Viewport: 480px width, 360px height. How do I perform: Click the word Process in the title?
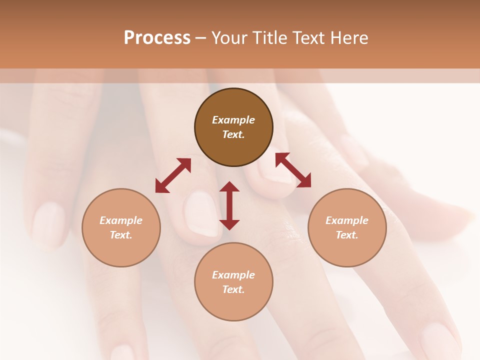[157, 38]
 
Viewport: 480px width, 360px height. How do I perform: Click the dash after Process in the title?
[200, 38]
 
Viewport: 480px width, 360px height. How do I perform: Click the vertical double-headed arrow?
[229, 205]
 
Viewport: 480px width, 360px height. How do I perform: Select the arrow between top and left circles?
[173, 175]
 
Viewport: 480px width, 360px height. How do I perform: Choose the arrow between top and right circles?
[293, 170]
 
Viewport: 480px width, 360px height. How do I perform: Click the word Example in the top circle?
[233, 120]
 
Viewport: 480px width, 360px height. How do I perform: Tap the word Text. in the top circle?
[233, 134]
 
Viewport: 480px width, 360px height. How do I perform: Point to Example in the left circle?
[121, 220]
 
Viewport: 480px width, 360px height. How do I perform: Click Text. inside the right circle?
[347, 235]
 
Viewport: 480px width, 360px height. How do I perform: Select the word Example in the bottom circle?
[233, 275]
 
